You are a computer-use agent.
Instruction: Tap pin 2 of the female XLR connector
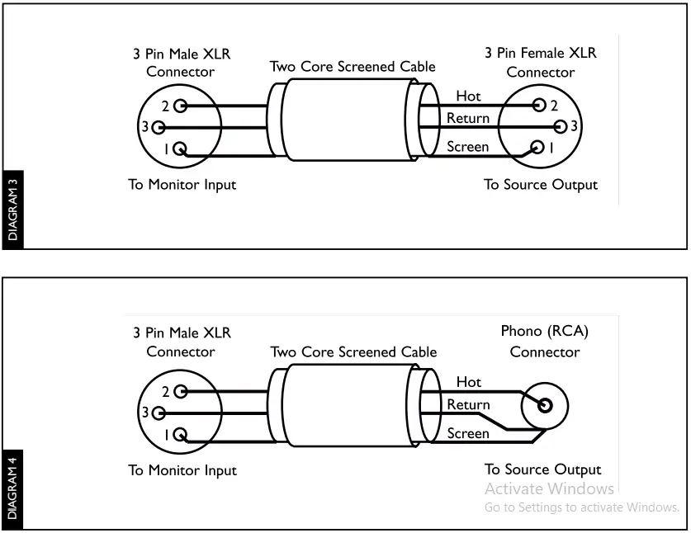tap(539, 105)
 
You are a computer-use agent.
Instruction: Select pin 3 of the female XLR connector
tap(561, 126)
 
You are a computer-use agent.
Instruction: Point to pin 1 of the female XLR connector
tap(537, 148)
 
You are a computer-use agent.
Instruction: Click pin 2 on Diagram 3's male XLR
tap(179, 106)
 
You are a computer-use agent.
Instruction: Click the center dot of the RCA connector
tap(545, 404)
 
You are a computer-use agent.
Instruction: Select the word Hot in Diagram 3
tap(467, 97)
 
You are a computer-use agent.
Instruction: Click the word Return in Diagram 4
tap(468, 404)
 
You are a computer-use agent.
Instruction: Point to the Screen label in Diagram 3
tap(467, 147)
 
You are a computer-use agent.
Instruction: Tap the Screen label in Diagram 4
tap(467, 432)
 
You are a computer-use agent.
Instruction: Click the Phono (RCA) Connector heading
tap(545, 342)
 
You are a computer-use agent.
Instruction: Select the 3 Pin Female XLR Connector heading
tap(540, 62)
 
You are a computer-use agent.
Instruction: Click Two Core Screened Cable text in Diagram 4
tap(353, 351)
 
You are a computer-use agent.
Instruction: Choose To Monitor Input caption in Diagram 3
tap(182, 184)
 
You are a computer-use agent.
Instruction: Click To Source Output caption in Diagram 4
tap(542, 469)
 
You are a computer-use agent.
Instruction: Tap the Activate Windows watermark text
tap(549, 488)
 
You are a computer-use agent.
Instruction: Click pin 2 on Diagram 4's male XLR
tap(179, 391)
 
